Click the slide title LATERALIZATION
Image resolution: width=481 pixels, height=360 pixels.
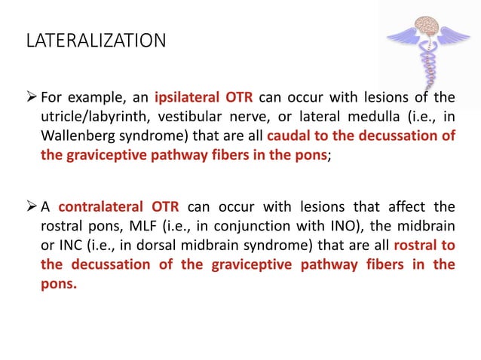coord(96,40)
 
